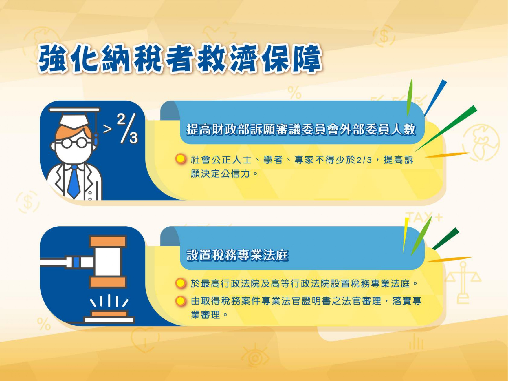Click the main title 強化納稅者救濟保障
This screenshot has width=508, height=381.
[x=180, y=59]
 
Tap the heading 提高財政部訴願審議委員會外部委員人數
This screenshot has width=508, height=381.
[x=301, y=130]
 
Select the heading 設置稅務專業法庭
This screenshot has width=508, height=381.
[x=238, y=255]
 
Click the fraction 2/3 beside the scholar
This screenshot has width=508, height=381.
[x=127, y=128]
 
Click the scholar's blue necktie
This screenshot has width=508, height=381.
[x=74, y=182]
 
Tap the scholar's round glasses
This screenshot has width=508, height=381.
[x=74, y=143]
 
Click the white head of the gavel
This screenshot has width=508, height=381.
[x=108, y=262]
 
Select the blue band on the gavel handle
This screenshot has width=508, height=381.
[x=76, y=262]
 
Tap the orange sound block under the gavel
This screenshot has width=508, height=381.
[x=109, y=313]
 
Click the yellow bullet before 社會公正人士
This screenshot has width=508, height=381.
[x=181, y=159]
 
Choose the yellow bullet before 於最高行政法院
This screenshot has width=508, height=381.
[x=181, y=283]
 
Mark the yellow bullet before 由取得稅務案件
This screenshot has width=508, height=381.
[x=181, y=301]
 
